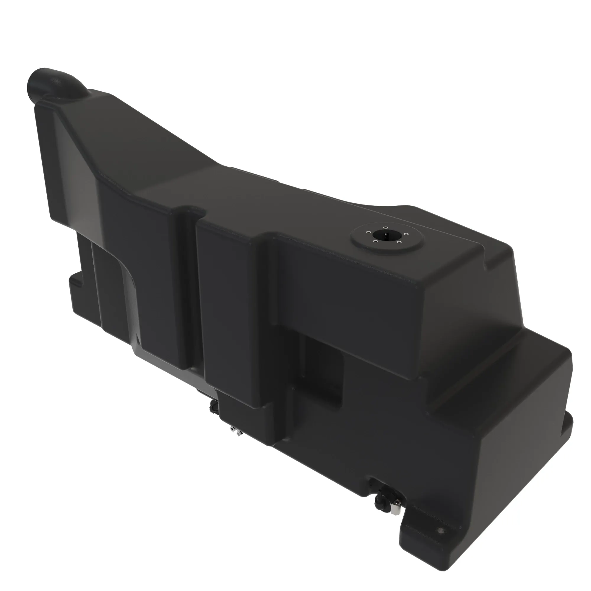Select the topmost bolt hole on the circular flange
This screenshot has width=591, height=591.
(386, 228)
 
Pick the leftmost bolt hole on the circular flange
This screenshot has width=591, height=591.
(368, 233)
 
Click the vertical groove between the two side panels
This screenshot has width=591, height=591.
(190, 290)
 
